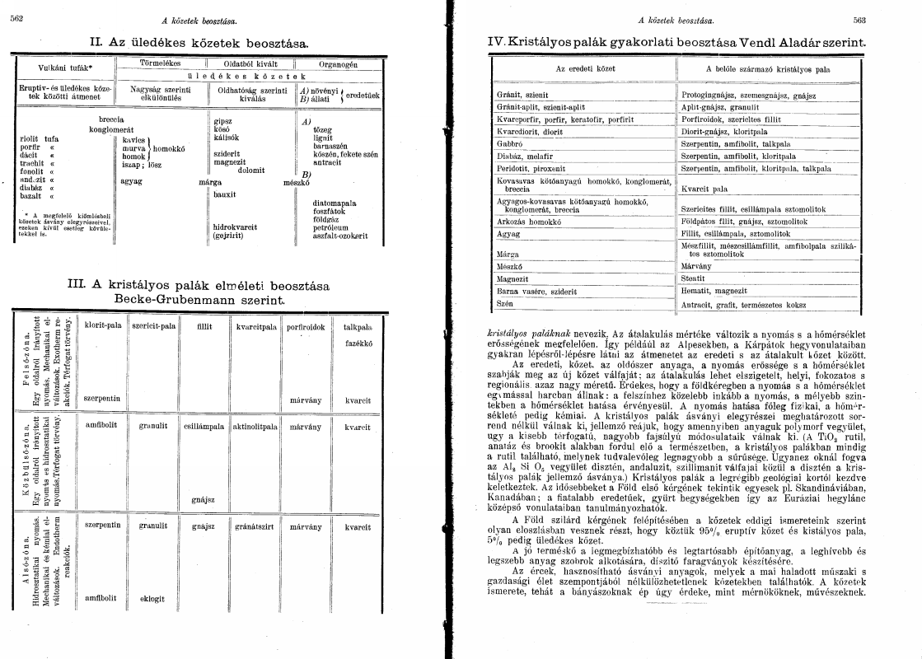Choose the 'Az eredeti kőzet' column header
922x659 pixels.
[584, 69]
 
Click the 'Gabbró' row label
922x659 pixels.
[506, 143]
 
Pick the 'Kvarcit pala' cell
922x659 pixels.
[702, 189]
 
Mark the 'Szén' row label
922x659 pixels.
[504, 304]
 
